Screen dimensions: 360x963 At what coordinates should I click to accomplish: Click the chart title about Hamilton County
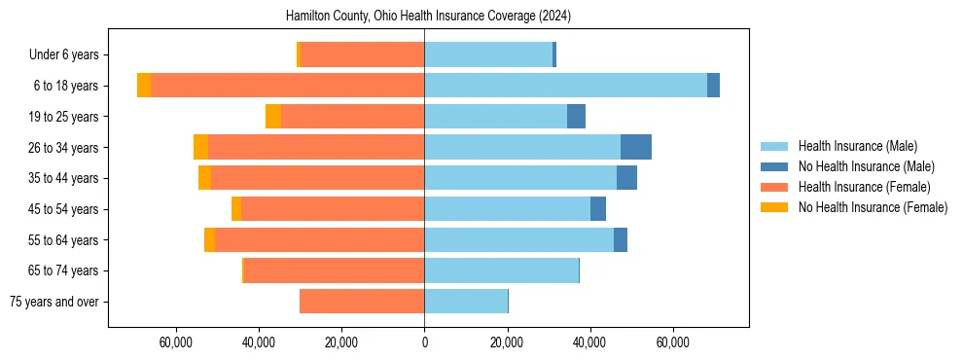point(428,17)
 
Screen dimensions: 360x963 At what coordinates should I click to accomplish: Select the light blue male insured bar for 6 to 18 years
point(565,86)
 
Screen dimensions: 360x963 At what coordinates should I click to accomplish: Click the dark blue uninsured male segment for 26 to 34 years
point(635,147)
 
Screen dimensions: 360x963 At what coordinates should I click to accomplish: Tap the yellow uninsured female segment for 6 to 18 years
point(144,86)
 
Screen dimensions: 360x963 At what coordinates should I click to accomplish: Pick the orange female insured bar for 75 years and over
point(361,302)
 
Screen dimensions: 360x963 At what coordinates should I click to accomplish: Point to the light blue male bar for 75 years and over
point(466,302)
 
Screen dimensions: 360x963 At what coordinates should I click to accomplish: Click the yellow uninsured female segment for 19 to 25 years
point(273,117)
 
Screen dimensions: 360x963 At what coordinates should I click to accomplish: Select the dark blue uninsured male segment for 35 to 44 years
point(626,178)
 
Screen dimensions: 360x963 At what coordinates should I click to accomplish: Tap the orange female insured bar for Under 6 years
point(362,54)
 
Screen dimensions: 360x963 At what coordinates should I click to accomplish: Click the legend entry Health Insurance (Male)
point(857,146)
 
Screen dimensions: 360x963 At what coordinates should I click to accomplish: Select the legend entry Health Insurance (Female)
point(864,187)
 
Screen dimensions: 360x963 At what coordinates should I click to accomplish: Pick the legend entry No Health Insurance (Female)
point(873,207)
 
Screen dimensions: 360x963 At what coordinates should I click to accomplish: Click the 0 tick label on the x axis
point(424,343)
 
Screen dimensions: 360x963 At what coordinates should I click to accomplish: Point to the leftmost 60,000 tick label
point(176,343)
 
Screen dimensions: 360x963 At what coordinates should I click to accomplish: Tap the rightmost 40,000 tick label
point(589,343)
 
